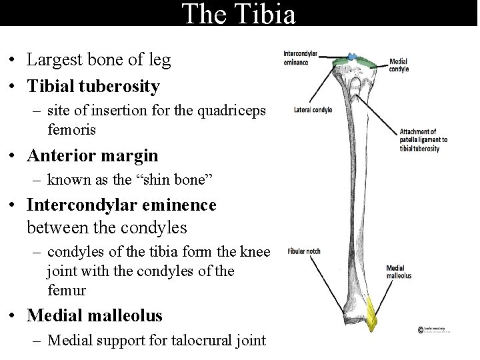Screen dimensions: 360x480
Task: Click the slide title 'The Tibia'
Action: point(238,13)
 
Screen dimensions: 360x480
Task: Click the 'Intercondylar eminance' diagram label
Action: point(301,58)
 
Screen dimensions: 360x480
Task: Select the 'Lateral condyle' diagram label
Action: point(313,110)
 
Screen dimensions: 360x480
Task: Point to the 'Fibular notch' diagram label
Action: point(305,251)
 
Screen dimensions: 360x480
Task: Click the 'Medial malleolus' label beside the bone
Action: point(399,272)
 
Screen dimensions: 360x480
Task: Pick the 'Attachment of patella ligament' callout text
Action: point(423,140)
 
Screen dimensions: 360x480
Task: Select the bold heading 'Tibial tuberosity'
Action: point(93,86)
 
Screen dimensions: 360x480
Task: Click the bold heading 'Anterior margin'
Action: point(93,155)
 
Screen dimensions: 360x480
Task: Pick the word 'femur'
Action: point(67,291)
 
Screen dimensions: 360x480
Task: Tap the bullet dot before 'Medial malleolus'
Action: point(14,315)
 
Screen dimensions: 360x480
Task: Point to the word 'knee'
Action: point(256,252)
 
